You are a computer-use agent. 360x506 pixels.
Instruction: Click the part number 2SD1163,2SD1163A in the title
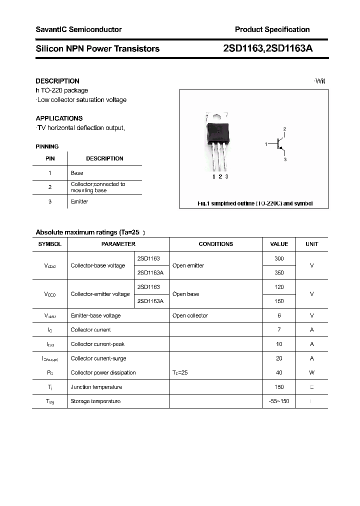click(268, 48)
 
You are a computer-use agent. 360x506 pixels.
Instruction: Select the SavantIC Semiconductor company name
click(78, 29)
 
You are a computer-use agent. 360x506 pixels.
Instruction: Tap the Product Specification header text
click(272, 29)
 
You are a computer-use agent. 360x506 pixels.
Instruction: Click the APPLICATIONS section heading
click(59, 118)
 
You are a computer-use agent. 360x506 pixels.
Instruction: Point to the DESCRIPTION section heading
click(57, 81)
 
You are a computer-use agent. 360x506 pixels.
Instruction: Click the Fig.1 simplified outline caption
click(254, 203)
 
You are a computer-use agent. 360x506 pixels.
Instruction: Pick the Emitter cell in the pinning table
click(79, 201)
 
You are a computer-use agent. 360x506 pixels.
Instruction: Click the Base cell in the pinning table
click(77, 173)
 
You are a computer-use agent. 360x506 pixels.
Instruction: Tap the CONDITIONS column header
click(215, 244)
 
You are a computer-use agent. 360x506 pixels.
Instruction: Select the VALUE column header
click(279, 244)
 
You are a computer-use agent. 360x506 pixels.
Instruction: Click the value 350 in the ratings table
click(279, 272)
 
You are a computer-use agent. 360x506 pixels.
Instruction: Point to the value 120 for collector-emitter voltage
click(279, 287)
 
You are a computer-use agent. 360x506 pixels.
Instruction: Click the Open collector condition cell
click(190, 315)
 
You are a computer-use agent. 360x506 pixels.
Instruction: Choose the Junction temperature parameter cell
click(96, 387)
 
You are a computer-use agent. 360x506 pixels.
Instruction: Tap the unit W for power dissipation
click(311, 372)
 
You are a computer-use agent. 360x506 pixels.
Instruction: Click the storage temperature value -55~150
click(279, 401)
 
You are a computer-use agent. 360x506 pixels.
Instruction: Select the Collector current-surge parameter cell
click(98, 358)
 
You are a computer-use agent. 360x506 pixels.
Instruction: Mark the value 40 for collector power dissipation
click(279, 372)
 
